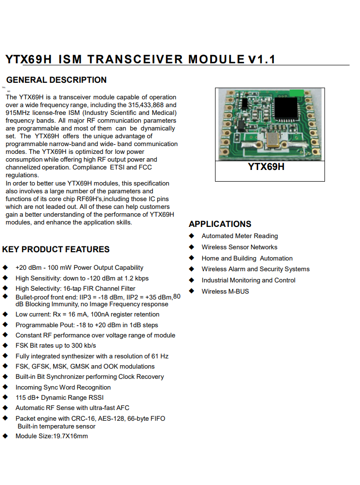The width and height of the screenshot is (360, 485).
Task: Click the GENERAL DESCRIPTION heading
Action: [56, 80]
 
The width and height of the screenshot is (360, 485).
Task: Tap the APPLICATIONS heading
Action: [220, 224]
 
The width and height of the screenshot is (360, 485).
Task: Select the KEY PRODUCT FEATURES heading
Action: [56, 249]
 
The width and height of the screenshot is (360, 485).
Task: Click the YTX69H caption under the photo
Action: [266, 167]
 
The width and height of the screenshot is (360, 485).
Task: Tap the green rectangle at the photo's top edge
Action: [297, 93]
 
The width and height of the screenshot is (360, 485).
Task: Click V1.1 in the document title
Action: [261, 59]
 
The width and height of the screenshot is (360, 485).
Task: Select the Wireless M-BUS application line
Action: [225, 291]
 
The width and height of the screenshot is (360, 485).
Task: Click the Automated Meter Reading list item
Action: [240, 236]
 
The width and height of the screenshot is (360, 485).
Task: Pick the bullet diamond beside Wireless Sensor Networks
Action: [192, 247]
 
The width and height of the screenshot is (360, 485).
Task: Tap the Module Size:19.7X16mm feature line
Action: [52, 436]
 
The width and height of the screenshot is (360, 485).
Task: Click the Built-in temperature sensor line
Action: [56, 426]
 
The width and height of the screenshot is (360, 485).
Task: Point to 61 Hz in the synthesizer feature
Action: [160, 356]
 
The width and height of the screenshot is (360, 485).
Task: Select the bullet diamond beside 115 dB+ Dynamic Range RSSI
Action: [5, 397]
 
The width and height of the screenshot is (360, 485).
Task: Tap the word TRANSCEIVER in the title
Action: [135, 59]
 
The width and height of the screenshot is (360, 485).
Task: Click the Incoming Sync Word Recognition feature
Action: [63, 387]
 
